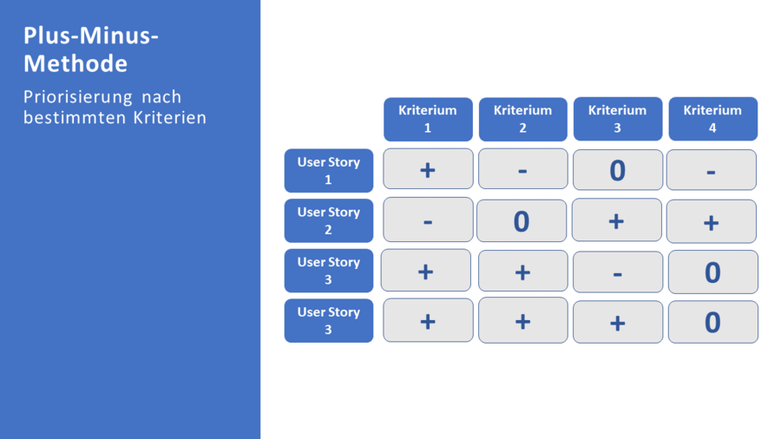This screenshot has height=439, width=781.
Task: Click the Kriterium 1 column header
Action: tap(428, 119)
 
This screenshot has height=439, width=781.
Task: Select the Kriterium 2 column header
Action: tap(522, 119)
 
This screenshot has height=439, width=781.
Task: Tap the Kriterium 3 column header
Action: tap(617, 119)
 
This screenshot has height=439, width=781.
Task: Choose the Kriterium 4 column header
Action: tap(712, 119)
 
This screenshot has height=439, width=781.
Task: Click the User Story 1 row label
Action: tap(328, 171)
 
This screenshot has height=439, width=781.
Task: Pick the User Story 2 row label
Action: tap(328, 220)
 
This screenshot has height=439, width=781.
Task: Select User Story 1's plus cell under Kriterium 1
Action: tap(428, 169)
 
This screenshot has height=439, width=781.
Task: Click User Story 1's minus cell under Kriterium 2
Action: tap(522, 169)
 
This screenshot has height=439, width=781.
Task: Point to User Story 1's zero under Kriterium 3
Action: tap(617, 170)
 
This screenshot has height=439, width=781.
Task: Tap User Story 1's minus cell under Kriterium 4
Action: tap(711, 170)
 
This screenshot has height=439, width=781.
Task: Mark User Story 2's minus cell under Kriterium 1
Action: tap(428, 219)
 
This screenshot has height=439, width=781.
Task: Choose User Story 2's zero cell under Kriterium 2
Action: tap(521, 221)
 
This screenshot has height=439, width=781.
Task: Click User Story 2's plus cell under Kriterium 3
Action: tap(616, 220)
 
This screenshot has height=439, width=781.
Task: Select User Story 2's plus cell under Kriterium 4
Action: tap(711, 222)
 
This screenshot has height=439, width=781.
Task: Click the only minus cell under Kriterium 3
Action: tap(617, 272)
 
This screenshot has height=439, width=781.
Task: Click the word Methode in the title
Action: tap(75, 63)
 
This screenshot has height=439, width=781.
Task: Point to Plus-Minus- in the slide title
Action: tap(91, 36)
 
